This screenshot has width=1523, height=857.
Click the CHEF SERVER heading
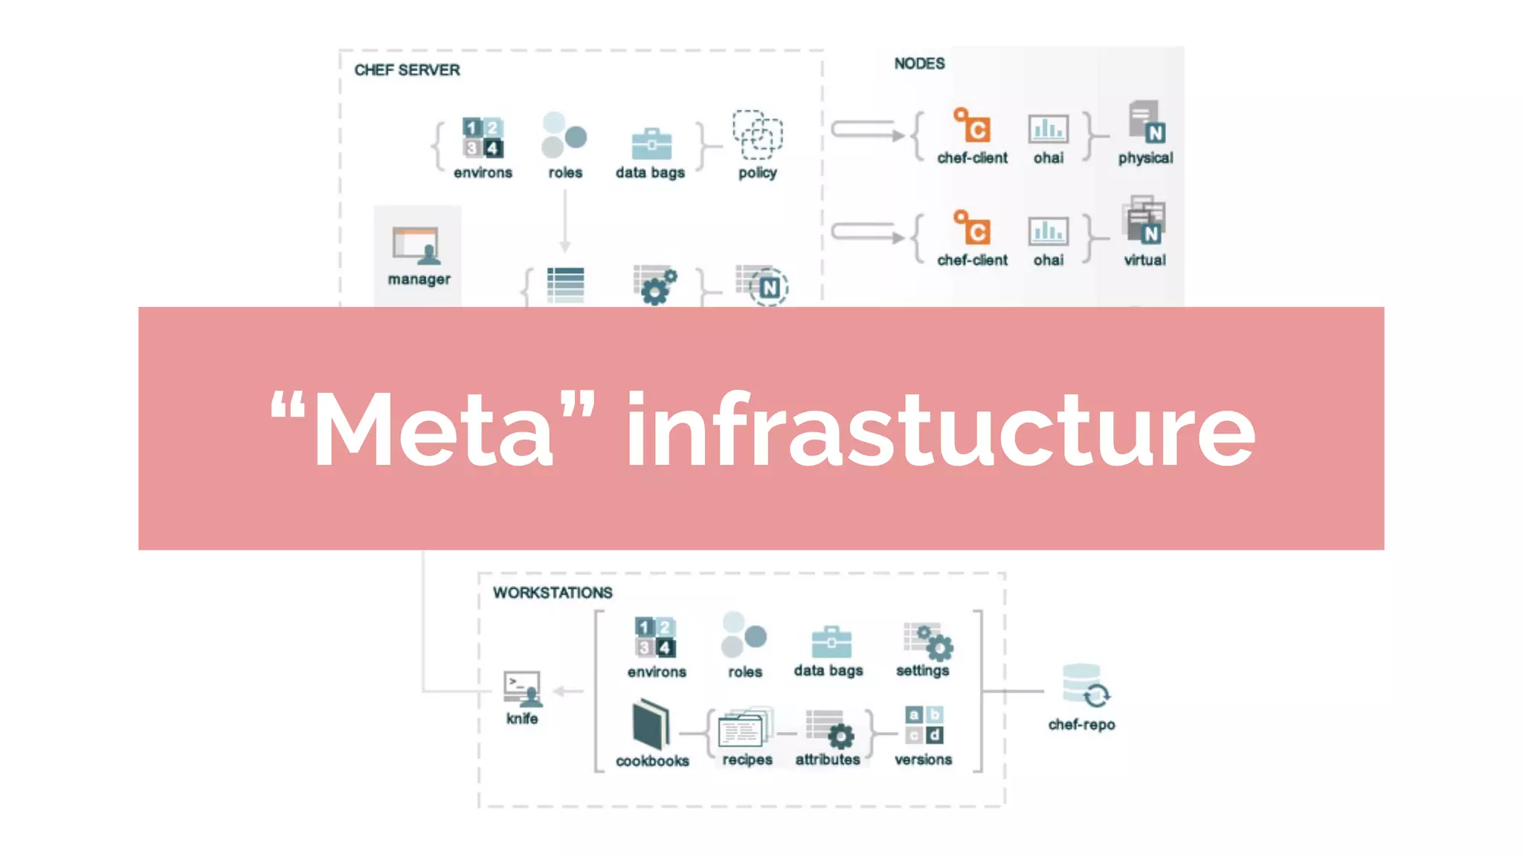pyautogui.click(x=407, y=70)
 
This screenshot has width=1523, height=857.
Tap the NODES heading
pyautogui.click(x=919, y=64)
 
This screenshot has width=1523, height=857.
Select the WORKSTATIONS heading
pyautogui.click(x=553, y=593)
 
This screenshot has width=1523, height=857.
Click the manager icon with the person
pyautogui.click(x=416, y=246)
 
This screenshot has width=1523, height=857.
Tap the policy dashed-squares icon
pyautogui.click(x=757, y=135)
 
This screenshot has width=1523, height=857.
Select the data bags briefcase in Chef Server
pyautogui.click(x=651, y=144)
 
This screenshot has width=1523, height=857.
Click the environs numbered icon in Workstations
pyautogui.click(x=655, y=638)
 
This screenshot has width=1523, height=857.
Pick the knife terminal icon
pyautogui.click(x=522, y=689)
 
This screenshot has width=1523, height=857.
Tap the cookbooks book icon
pyautogui.click(x=651, y=725)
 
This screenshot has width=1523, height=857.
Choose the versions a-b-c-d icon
pyautogui.click(x=924, y=725)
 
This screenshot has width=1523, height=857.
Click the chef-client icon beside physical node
pyautogui.click(x=971, y=126)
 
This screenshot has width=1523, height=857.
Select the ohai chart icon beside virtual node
pyautogui.click(x=1048, y=231)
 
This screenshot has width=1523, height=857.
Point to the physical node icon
pyautogui.click(x=1146, y=123)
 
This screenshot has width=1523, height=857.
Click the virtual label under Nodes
pyautogui.click(x=1144, y=260)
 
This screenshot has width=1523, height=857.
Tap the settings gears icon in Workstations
pyautogui.click(x=927, y=641)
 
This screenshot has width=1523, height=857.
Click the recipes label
pyautogui.click(x=747, y=760)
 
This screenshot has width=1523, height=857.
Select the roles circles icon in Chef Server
pyautogui.click(x=564, y=135)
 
